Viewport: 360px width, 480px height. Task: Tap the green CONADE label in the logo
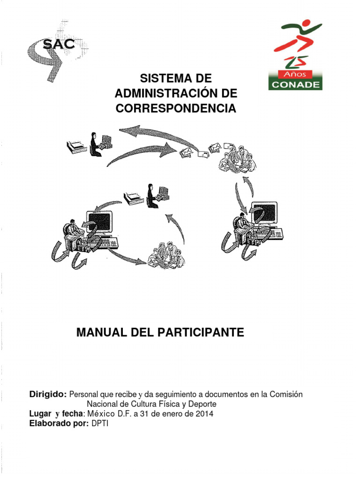tap(295, 84)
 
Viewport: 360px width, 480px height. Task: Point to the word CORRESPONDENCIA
tap(176, 109)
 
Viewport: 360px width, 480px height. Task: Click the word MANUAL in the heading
tap(99, 333)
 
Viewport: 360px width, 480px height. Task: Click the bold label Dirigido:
tap(48, 394)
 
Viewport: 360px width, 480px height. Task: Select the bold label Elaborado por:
tap(59, 423)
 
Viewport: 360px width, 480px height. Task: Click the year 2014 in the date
tap(204, 413)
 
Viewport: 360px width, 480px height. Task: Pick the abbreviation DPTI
tap(99, 423)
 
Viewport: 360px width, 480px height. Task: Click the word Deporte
tap(202, 404)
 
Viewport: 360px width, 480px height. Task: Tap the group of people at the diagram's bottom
tap(166, 255)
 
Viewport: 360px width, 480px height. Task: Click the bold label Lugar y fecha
tap(56, 413)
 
